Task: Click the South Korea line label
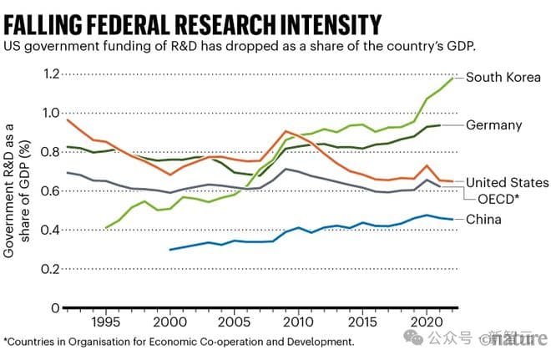coord(503,78)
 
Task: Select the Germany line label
coord(493,125)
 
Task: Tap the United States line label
coord(507,182)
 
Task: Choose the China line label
coord(484,220)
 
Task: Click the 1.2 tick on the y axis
coord(52,74)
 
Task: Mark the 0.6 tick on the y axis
coord(52,190)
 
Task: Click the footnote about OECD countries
coord(178,342)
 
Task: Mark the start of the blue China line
coord(170,249)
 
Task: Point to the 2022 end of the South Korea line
coord(452,78)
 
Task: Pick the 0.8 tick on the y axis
coord(52,151)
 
